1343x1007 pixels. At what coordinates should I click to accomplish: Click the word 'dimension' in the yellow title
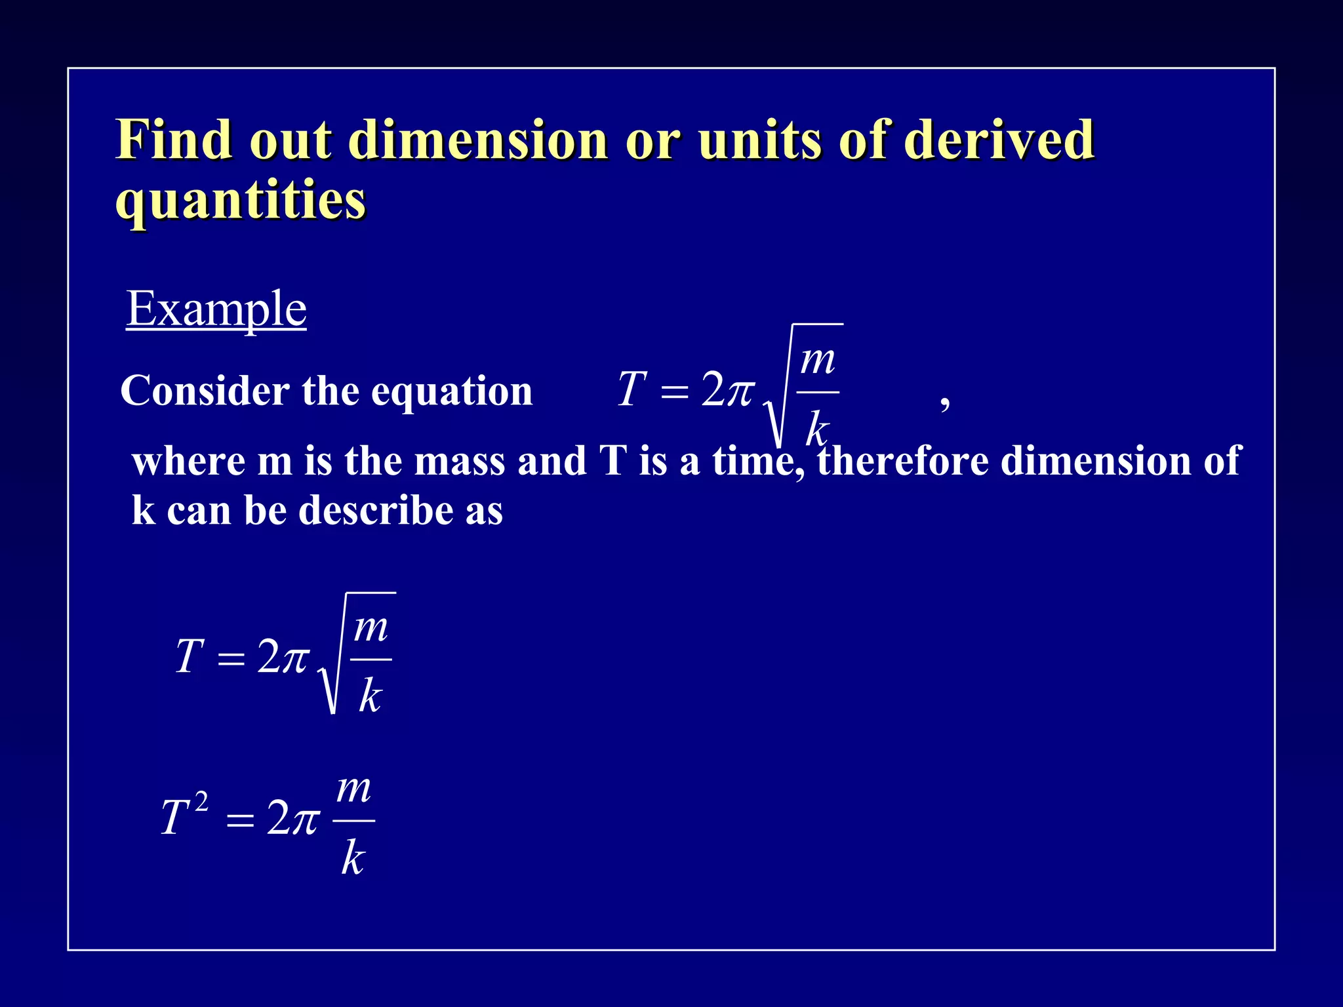pyautogui.click(x=478, y=140)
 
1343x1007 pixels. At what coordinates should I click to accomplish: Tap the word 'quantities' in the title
pyautogui.click(x=240, y=200)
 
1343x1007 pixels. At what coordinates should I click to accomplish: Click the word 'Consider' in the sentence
pyautogui.click(x=205, y=391)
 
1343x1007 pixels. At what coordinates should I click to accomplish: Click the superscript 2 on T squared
pyautogui.click(x=201, y=802)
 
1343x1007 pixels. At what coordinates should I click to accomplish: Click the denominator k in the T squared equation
pyautogui.click(x=353, y=858)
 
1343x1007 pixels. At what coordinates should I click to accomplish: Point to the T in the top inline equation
pyautogui.click(x=631, y=389)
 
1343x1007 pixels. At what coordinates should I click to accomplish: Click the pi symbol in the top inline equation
pyautogui.click(x=740, y=391)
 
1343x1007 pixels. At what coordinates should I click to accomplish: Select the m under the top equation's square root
pyautogui.click(x=818, y=361)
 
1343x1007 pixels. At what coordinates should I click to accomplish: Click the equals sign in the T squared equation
pyautogui.click(x=240, y=820)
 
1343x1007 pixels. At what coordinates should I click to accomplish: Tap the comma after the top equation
pyautogui.click(x=944, y=401)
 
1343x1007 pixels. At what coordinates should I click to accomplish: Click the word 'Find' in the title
pyautogui.click(x=174, y=140)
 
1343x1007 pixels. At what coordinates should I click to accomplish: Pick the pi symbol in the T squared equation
pyautogui.click(x=304, y=820)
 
